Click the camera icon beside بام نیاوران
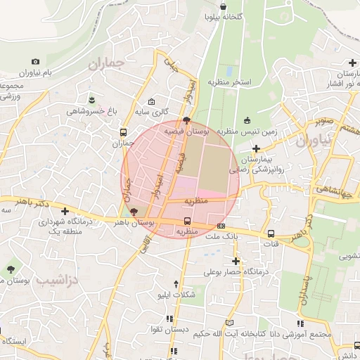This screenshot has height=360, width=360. (x=36, y=61)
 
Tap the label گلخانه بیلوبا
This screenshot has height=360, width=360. (x=224, y=15)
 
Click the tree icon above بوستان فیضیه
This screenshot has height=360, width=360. (x=186, y=121)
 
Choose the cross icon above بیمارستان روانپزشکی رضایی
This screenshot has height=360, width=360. (x=257, y=148)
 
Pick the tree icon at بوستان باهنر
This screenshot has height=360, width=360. (x=134, y=210)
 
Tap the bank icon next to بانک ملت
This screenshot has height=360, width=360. (x=221, y=226)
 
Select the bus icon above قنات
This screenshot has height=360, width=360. (x=271, y=233)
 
